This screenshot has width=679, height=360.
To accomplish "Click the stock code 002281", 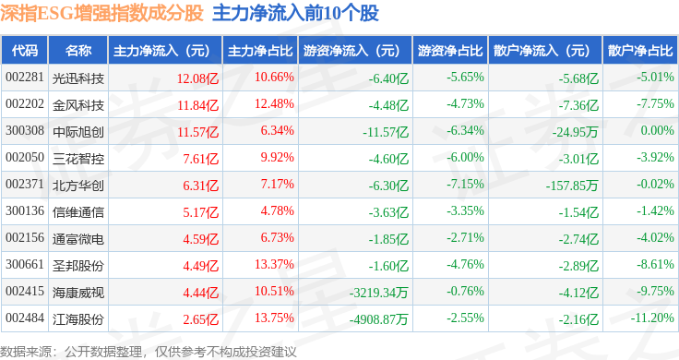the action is [25, 78].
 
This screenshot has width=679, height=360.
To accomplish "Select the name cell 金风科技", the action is [78, 105].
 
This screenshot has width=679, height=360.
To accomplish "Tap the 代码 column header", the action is [25, 50].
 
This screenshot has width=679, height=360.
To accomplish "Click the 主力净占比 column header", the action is [260, 50].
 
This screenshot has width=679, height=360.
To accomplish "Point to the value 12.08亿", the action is [197, 78].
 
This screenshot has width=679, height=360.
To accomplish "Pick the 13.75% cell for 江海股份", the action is [274, 318].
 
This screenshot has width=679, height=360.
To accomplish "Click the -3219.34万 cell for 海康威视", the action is [379, 293].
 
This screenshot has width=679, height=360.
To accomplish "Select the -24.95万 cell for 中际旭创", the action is [575, 132].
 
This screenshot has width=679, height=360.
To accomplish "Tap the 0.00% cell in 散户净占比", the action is [657, 130].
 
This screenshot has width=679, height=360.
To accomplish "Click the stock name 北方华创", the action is [78, 186].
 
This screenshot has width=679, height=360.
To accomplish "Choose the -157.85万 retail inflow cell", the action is [572, 186].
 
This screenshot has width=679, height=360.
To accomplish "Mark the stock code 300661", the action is [25, 264].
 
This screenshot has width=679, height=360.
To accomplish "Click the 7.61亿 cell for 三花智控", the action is [200, 159].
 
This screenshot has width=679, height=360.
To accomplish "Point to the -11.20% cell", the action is [651, 318].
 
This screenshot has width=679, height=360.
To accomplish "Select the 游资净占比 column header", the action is [450, 50].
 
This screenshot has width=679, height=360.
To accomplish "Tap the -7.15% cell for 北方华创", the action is [465, 184].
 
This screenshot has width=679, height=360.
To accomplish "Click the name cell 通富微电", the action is [78, 239].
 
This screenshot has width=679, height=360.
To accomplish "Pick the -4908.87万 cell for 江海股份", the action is [379, 319].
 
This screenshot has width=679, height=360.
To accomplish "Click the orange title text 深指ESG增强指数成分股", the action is [101, 13].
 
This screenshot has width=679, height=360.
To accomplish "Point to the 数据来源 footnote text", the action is [149, 352].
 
